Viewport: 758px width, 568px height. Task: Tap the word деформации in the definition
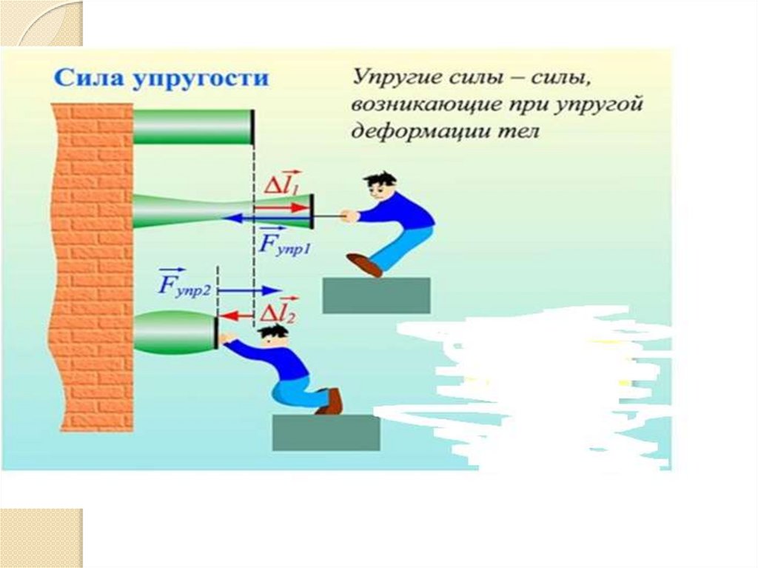(427, 132)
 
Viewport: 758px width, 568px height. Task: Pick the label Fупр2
(185, 285)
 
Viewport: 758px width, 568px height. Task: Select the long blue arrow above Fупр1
(266, 218)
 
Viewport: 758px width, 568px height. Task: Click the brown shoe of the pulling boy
(364, 264)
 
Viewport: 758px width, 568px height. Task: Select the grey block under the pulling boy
(376, 295)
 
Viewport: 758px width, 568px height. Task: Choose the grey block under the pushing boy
(326, 432)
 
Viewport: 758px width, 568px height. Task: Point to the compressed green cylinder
(175, 330)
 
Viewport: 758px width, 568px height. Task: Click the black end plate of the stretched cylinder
(312, 211)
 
